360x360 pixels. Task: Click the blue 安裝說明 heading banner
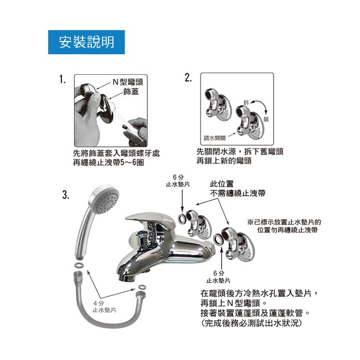coord(86,42)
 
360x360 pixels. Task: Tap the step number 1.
coord(63,80)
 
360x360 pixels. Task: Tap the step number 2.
coord(188,78)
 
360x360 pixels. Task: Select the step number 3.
coord(66,196)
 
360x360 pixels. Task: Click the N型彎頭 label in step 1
coord(127,82)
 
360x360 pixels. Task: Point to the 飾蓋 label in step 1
coord(131,92)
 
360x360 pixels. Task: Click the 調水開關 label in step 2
coord(215,138)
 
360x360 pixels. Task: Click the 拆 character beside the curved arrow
coord(246,102)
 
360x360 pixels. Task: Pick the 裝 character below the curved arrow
coord(266,119)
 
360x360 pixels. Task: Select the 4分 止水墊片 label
coord(104,306)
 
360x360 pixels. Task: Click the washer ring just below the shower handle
coord(79,265)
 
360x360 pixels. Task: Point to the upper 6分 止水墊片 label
coord(178,181)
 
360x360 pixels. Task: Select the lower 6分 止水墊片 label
coord(218,277)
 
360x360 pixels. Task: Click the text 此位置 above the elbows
coord(222,184)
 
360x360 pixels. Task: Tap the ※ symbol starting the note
coord(250,222)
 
